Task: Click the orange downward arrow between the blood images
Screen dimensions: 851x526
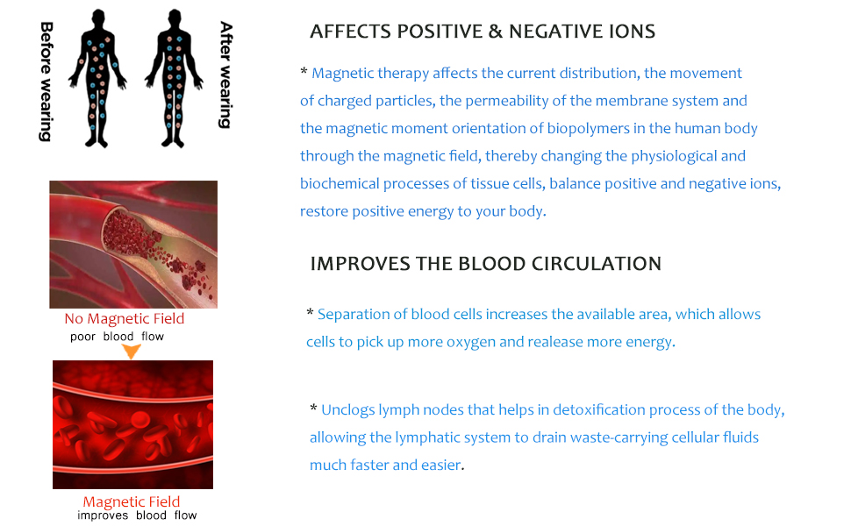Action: [131, 352]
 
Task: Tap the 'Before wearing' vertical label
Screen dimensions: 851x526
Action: [46, 82]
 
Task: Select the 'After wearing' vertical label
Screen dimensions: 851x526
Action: [225, 75]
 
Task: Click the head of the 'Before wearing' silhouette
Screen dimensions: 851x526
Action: [98, 18]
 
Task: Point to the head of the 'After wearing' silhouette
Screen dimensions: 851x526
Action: [175, 18]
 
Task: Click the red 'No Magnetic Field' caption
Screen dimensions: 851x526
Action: [125, 318]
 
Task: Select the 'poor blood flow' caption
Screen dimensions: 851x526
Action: [117, 337]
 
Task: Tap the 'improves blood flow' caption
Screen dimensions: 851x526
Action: [137, 515]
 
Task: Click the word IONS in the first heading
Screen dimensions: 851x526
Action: [632, 32]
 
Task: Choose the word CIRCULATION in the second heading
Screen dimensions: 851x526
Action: [597, 264]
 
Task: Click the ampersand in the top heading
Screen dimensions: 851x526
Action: [495, 32]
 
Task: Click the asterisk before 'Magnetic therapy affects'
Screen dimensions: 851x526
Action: [304, 72]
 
